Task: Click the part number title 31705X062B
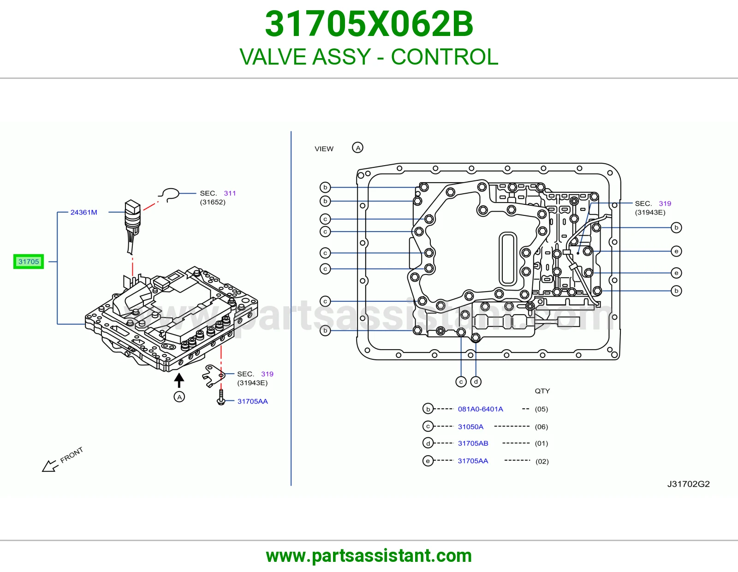click(x=369, y=24)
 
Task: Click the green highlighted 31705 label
click(x=29, y=262)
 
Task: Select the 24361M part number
click(x=83, y=212)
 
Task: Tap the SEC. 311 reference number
click(x=230, y=193)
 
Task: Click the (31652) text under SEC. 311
click(x=213, y=202)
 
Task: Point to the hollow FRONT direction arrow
click(x=50, y=466)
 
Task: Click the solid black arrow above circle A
click(x=179, y=380)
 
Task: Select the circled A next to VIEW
click(x=357, y=148)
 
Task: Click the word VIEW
click(x=324, y=149)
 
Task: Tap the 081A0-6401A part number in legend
click(x=480, y=409)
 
